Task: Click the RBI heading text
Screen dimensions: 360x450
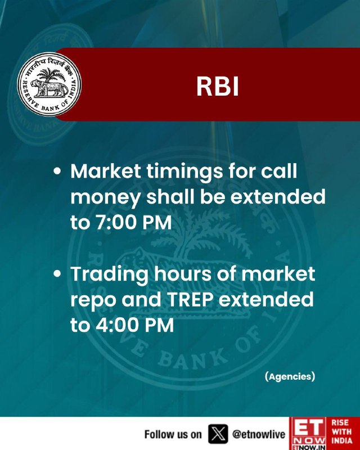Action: coord(217,87)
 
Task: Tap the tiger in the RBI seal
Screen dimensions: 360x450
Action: coord(49,88)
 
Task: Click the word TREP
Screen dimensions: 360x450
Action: coord(190,299)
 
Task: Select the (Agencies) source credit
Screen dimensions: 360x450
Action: coord(290,376)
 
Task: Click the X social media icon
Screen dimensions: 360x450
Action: coord(218,434)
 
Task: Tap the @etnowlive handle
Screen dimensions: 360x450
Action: coord(259,434)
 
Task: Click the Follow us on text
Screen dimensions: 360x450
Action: coord(173,434)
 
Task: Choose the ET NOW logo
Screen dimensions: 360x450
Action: coord(309,433)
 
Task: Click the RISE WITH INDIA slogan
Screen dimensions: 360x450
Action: coord(341,431)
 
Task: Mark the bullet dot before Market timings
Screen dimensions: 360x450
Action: coord(57,171)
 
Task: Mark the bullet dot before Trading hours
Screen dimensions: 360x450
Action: coord(57,273)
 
